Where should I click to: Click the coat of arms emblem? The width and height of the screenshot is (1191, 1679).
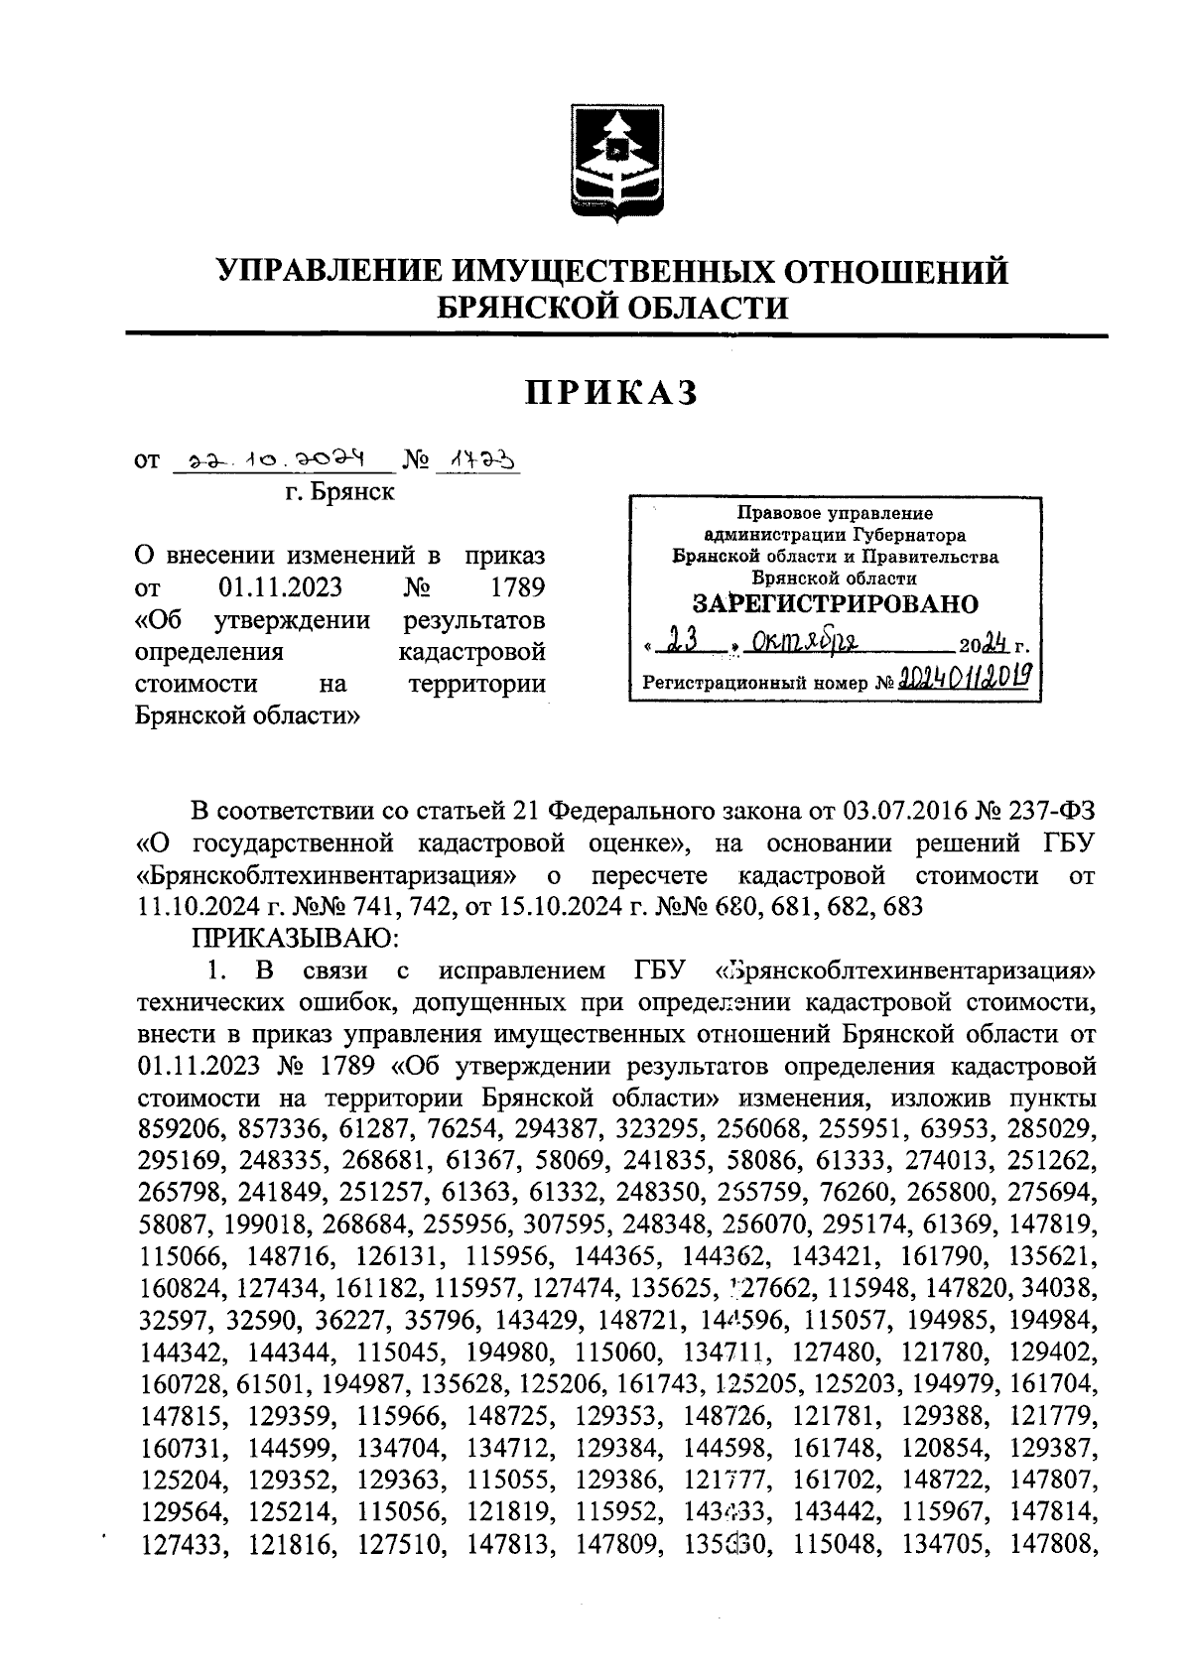coord(611,161)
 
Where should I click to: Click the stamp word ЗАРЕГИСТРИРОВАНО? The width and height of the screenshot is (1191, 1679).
coord(834,604)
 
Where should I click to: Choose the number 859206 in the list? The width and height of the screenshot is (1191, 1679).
coord(181,1128)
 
